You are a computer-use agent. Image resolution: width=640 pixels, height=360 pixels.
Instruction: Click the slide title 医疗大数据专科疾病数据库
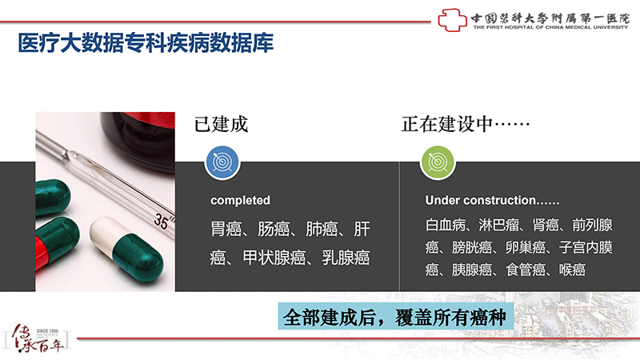coord(146,43)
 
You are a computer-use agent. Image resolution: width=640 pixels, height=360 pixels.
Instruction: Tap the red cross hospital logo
coord(452,19)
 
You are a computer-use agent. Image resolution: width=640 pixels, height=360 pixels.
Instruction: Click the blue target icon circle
coord(222,162)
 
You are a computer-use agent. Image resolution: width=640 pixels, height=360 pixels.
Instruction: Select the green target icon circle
coord(438,162)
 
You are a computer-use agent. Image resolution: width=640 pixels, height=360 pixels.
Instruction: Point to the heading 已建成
coord(221,124)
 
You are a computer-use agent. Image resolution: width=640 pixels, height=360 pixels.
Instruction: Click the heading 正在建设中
coord(447,124)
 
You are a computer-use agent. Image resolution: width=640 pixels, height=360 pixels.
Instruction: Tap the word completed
coord(240,200)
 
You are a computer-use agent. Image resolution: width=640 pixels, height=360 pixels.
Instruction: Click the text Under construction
coord(481,200)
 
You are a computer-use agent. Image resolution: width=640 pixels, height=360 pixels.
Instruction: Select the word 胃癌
coord(226,229)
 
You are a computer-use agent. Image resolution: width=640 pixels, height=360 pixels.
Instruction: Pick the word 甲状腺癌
coord(274,258)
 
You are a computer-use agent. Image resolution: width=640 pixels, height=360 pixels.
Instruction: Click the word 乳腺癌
coord(346,258)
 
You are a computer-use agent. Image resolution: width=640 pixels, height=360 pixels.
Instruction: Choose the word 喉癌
coord(572,270)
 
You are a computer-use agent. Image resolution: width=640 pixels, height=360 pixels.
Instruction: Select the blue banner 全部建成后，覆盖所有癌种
coord(395,316)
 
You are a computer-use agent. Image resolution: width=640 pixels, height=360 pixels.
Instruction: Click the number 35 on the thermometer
coord(161,222)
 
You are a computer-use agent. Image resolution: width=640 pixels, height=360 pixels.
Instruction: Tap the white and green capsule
coord(126,249)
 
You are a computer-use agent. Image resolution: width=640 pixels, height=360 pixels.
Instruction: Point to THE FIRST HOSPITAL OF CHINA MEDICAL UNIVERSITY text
coord(550,27)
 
